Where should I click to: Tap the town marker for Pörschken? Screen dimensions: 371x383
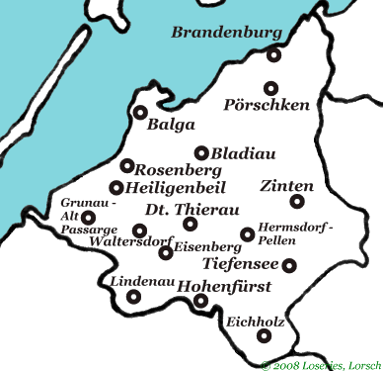pos(272,86)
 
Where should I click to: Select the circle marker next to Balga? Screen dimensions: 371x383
pos(140,113)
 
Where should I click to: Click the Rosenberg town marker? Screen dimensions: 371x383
pos(127,165)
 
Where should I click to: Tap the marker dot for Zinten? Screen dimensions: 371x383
pos(296,202)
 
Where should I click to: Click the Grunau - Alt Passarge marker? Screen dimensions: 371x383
pos(88,218)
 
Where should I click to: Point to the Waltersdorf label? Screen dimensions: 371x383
pos(122,240)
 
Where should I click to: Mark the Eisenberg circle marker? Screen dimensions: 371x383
pos(165,252)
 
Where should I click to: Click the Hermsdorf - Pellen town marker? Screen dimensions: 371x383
pos(247,234)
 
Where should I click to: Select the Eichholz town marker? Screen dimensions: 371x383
pos(263,336)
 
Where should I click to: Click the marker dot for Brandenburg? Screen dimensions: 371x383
pos(273,55)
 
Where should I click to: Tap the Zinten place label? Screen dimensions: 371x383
pos(287,186)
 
